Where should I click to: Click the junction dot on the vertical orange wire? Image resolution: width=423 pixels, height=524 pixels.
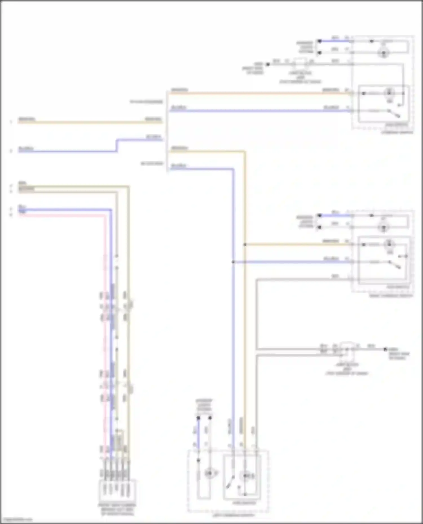pyautogui.click(x=245, y=245)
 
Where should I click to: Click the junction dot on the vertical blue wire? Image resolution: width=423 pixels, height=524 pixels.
pyautogui.click(x=233, y=262)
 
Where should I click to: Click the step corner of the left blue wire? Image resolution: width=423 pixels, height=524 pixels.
pyautogui.click(x=117, y=140)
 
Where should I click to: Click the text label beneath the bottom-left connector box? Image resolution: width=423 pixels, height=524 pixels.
pyautogui.click(x=117, y=510)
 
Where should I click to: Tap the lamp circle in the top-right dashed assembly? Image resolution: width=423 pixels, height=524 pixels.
pyautogui.click(x=384, y=53)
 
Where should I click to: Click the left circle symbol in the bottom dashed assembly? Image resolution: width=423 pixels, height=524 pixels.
pyautogui.click(x=209, y=474)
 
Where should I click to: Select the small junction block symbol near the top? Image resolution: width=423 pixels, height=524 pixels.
pyautogui.click(x=301, y=64)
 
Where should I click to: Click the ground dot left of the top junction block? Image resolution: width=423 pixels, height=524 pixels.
pyautogui.click(x=268, y=64)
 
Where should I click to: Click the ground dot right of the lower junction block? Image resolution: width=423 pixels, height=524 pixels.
pyautogui.click(x=385, y=349)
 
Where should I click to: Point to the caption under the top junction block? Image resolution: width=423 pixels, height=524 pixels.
pyautogui.click(x=300, y=77)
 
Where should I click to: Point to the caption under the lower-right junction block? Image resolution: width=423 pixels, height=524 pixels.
pyautogui.click(x=347, y=369)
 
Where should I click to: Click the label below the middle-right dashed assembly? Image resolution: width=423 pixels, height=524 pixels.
pyautogui.click(x=391, y=296)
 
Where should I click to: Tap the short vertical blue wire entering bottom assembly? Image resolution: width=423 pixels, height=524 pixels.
pyautogui.click(x=198, y=434)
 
